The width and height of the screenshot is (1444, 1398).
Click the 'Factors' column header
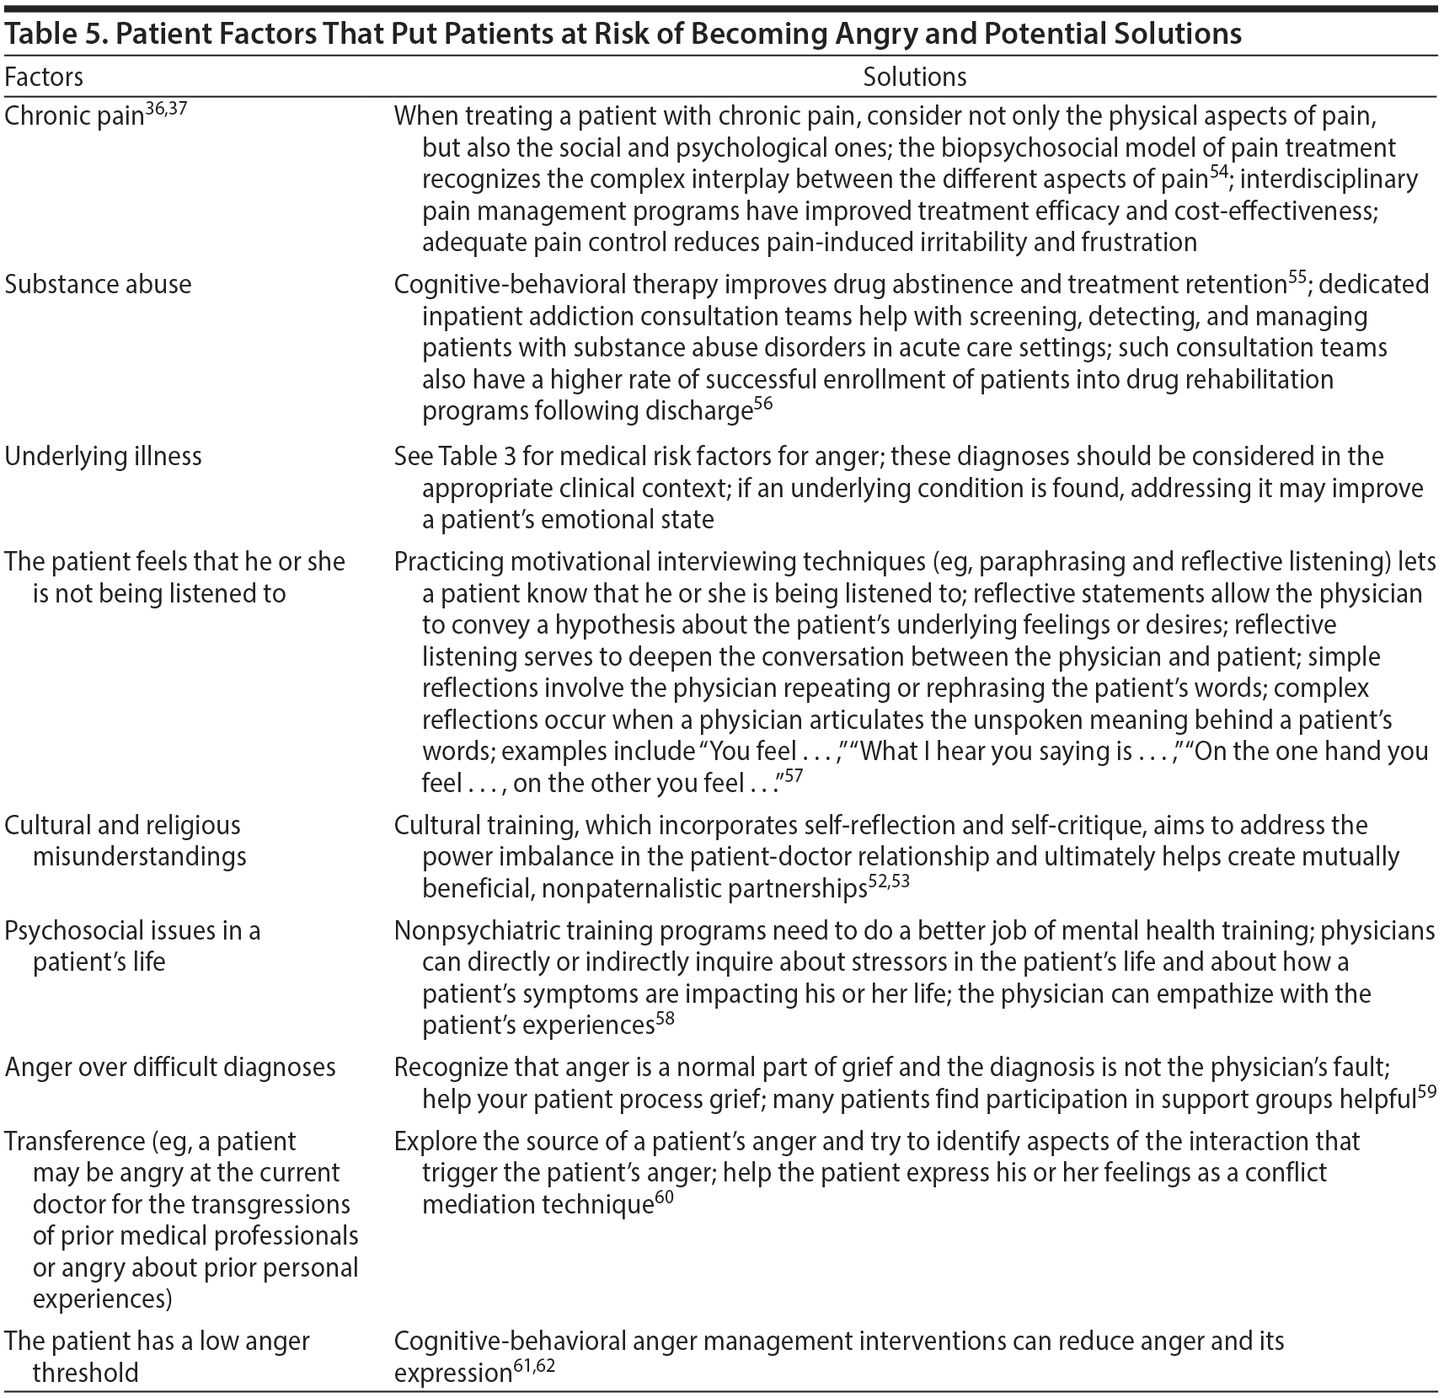click(44, 78)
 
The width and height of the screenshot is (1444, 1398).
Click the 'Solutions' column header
click(914, 78)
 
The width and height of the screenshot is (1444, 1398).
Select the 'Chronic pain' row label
click(74, 116)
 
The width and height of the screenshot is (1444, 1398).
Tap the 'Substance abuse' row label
click(98, 284)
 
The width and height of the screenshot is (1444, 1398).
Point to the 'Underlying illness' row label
click(103, 456)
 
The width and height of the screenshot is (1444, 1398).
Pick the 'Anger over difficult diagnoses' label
click(170, 1067)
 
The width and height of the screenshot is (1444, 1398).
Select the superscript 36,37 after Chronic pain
click(166, 108)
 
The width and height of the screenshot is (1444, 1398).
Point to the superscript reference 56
click(762, 403)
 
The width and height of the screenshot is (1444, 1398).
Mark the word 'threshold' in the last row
click(85, 1373)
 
